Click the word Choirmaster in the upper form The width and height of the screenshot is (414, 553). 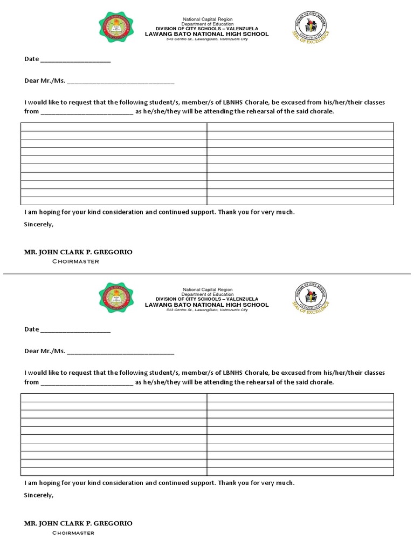pyautogui.click(x=75, y=261)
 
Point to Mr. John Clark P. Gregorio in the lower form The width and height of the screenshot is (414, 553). pyautogui.click(x=78, y=523)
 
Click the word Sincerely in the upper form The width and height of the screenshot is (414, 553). pyautogui.click(x=39, y=224)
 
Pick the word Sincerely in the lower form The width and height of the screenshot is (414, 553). pyautogui.click(x=39, y=495)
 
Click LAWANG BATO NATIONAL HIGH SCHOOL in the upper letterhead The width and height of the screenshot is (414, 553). pyautogui.click(x=206, y=34)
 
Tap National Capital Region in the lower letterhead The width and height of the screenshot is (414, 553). pyautogui.click(x=206, y=290)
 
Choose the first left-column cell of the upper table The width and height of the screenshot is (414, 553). pyautogui.click(x=114, y=127)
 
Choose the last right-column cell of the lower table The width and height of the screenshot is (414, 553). pyautogui.click(x=300, y=471)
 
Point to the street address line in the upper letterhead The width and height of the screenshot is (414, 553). pyautogui.click(x=206, y=39)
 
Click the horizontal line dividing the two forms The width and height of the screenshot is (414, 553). pyautogui.click(x=207, y=274)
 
